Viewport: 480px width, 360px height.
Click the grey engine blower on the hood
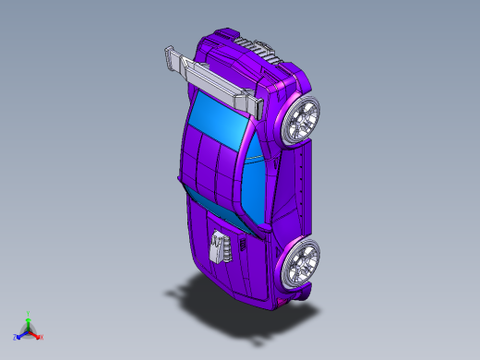point(218,246)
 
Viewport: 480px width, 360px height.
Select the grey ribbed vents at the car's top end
point(250,48)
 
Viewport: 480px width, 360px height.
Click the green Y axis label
point(29,313)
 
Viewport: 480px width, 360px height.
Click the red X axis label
point(42,337)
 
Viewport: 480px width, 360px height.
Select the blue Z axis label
point(16,338)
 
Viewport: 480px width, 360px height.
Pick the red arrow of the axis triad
point(36,334)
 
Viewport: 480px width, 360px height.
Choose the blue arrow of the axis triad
point(21,334)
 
